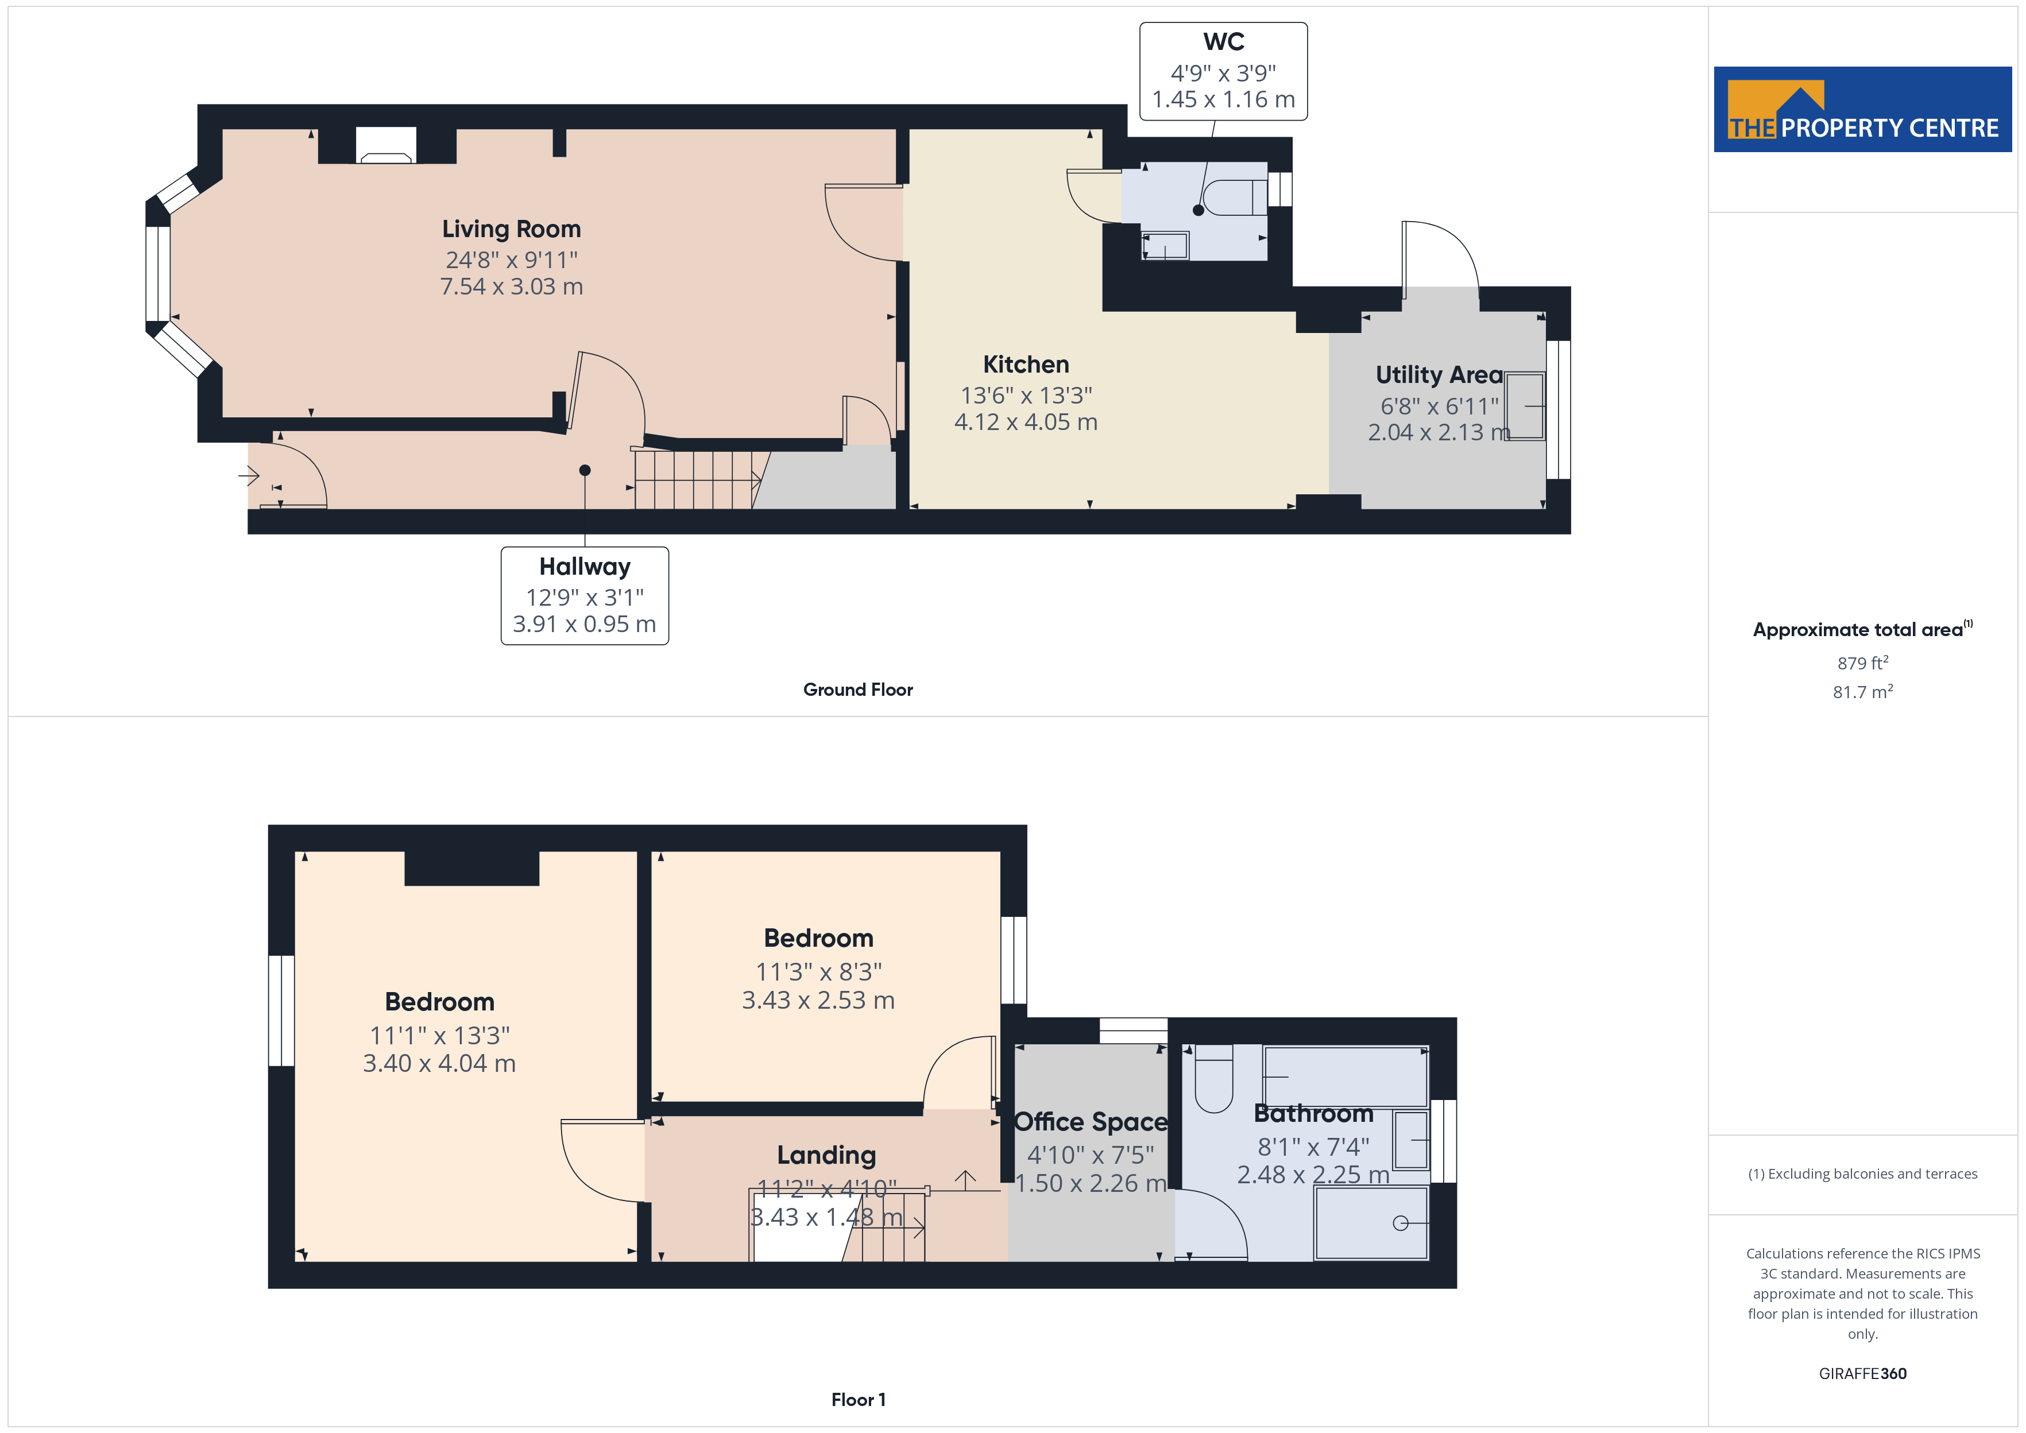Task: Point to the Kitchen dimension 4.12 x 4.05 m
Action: (x=1026, y=422)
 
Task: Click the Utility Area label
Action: (x=1439, y=374)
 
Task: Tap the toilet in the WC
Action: (x=1235, y=197)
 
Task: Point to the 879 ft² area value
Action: (x=1863, y=663)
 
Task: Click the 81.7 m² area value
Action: (x=1863, y=692)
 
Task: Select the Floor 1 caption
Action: (x=858, y=1400)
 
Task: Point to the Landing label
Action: (x=826, y=1155)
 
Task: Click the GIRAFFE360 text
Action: (x=1863, y=1374)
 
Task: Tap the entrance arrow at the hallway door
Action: (x=248, y=477)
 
